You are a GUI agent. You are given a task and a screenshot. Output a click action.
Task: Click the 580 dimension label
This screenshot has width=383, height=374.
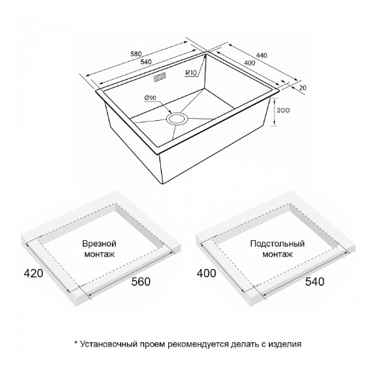click(x=136, y=53)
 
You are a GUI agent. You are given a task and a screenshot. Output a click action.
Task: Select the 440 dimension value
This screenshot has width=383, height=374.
click(x=262, y=55)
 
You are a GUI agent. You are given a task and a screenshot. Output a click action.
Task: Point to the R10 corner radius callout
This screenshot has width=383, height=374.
click(x=191, y=73)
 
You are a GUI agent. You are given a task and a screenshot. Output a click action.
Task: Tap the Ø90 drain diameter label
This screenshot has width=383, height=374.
click(x=150, y=98)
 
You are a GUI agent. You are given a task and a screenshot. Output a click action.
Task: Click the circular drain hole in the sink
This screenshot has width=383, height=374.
click(x=177, y=119)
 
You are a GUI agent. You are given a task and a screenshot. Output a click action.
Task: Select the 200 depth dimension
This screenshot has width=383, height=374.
click(x=283, y=111)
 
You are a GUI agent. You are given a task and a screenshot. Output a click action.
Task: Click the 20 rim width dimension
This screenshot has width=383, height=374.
click(x=303, y=88)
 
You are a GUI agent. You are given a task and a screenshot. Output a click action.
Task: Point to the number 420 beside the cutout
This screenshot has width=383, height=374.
click(x=33, y=273)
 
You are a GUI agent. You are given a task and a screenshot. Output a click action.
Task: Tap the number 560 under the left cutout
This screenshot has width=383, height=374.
click(x=141, y=282)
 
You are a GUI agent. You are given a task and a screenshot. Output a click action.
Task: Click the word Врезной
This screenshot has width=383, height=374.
click(x=99, y=244)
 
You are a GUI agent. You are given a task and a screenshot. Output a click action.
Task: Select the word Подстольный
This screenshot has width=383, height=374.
click(x=277, y=244)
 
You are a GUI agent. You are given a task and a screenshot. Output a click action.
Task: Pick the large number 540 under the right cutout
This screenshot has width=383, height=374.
click(x=315, y=282)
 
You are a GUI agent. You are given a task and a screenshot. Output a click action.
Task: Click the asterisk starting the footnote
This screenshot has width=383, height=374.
click(x=76, y=343)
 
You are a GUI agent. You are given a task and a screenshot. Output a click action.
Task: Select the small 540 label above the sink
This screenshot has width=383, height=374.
click(x=146, y=62)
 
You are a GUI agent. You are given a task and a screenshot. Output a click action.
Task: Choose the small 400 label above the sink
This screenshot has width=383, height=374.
click(x=249, y=63)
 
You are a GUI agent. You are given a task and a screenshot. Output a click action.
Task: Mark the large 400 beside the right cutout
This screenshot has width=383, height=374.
click(x=206, y=273)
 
